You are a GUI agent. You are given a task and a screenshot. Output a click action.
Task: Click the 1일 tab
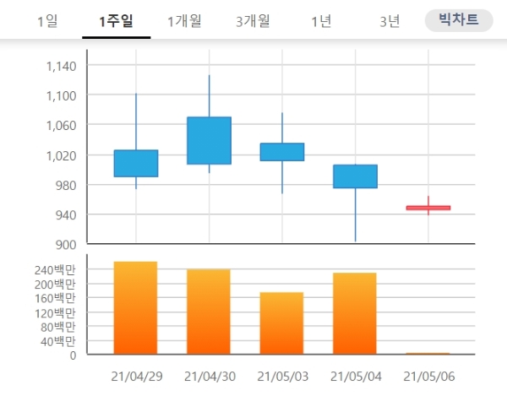pos(47,21)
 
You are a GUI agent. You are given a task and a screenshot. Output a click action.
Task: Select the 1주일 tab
pos(116,21)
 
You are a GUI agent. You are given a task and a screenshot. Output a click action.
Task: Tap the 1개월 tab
pos(184,21)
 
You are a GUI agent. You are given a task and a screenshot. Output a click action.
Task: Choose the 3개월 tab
pos(253,21)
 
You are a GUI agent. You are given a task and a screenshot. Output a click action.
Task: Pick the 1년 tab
pos(321,21)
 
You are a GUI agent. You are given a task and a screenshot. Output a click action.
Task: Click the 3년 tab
pos(390,21)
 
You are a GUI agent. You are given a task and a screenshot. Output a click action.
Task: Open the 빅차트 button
pos(458,19)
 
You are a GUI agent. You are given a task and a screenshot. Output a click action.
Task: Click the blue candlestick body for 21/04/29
pos(136,163)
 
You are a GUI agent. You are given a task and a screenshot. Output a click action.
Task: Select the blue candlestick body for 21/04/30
pos(209,140)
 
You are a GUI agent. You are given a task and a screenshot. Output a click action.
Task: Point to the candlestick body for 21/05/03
pos(282,152)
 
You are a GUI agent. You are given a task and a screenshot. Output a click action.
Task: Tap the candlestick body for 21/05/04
pos(355,176)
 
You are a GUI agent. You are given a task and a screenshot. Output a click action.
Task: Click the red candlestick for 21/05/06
pos(428,208)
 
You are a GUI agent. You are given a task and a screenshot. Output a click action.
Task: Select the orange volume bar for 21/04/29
pos(135,308)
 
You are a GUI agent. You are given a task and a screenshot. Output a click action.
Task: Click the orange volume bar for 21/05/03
pos(281,323)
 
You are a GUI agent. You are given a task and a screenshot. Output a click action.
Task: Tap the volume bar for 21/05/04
pos(355,313)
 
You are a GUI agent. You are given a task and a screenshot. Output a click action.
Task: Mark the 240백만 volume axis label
pos(54,270)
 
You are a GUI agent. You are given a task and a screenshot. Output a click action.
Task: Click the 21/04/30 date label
pos(210,376)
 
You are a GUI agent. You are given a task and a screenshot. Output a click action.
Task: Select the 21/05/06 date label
pos(429,376)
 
